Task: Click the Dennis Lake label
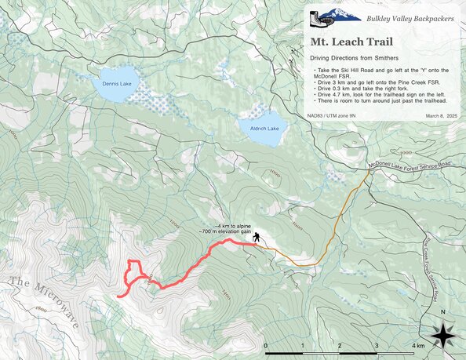click(115, 82)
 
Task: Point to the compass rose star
click(443, 336)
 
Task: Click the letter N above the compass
click(443, 312)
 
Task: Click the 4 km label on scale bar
click(418, 345)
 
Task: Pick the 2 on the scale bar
click(339, 345)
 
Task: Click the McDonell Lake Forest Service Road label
click(410, 164)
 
